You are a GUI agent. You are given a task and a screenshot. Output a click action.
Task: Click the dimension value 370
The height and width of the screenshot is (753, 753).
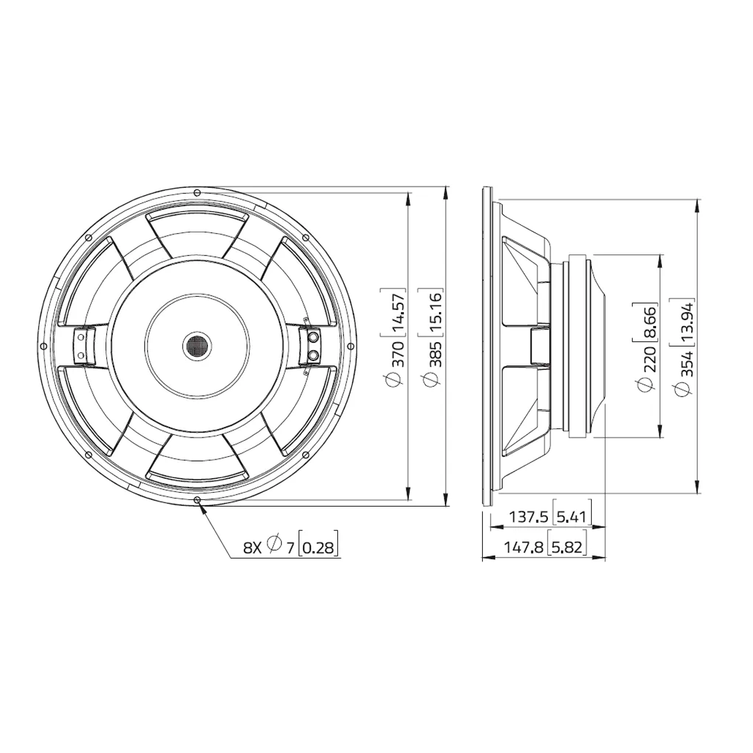pos(398,355)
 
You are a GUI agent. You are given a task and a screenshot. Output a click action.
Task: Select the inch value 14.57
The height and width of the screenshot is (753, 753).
pos(398,312)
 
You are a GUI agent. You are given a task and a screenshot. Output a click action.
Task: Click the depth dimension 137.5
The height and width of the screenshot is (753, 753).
pos(528,517)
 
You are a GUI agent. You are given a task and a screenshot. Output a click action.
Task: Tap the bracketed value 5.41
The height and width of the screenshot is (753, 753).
pos(572,517)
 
